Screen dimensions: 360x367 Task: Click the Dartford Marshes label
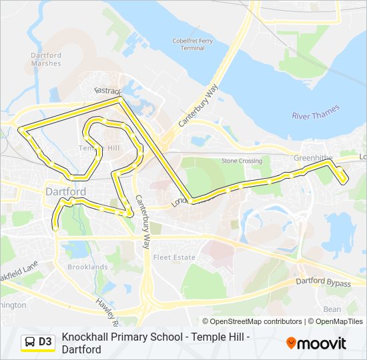[45, 59]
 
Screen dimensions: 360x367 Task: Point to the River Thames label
[316, 111]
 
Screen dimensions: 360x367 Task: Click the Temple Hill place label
[99, 147]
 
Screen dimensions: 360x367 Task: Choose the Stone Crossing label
[242, 161]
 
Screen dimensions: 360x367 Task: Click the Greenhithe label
[313, 158]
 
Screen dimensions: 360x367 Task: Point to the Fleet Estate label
[174, 257]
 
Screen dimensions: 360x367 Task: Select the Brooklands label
[87, 267]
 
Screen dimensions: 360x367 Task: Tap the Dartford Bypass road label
[323, 283]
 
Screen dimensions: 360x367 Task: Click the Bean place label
[332, 309]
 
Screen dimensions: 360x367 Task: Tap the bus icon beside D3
[30, 342]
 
